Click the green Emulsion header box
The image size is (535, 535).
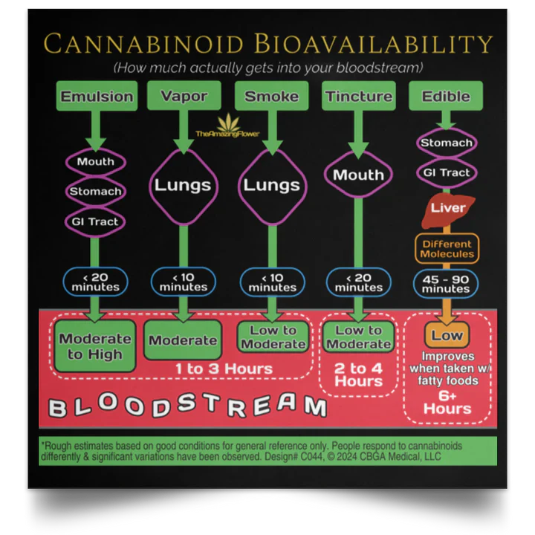point(97,97)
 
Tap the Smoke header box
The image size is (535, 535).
point(271,97)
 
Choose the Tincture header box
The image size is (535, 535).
point(358,97)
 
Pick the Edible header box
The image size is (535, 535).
point(446,97)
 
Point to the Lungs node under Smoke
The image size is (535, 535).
point(271,185)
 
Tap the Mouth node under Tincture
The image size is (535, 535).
point(358,175)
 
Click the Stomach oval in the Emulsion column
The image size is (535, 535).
point(96,192)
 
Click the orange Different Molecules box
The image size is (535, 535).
point(447,249)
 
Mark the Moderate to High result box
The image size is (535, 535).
point(95,346)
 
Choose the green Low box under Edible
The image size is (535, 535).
point(447,336)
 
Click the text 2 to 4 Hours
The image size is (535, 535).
point(358,374)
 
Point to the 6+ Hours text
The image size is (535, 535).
point(447,402)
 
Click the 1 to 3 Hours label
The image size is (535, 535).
point(224,369)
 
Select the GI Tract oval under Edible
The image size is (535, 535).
point(447,173)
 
